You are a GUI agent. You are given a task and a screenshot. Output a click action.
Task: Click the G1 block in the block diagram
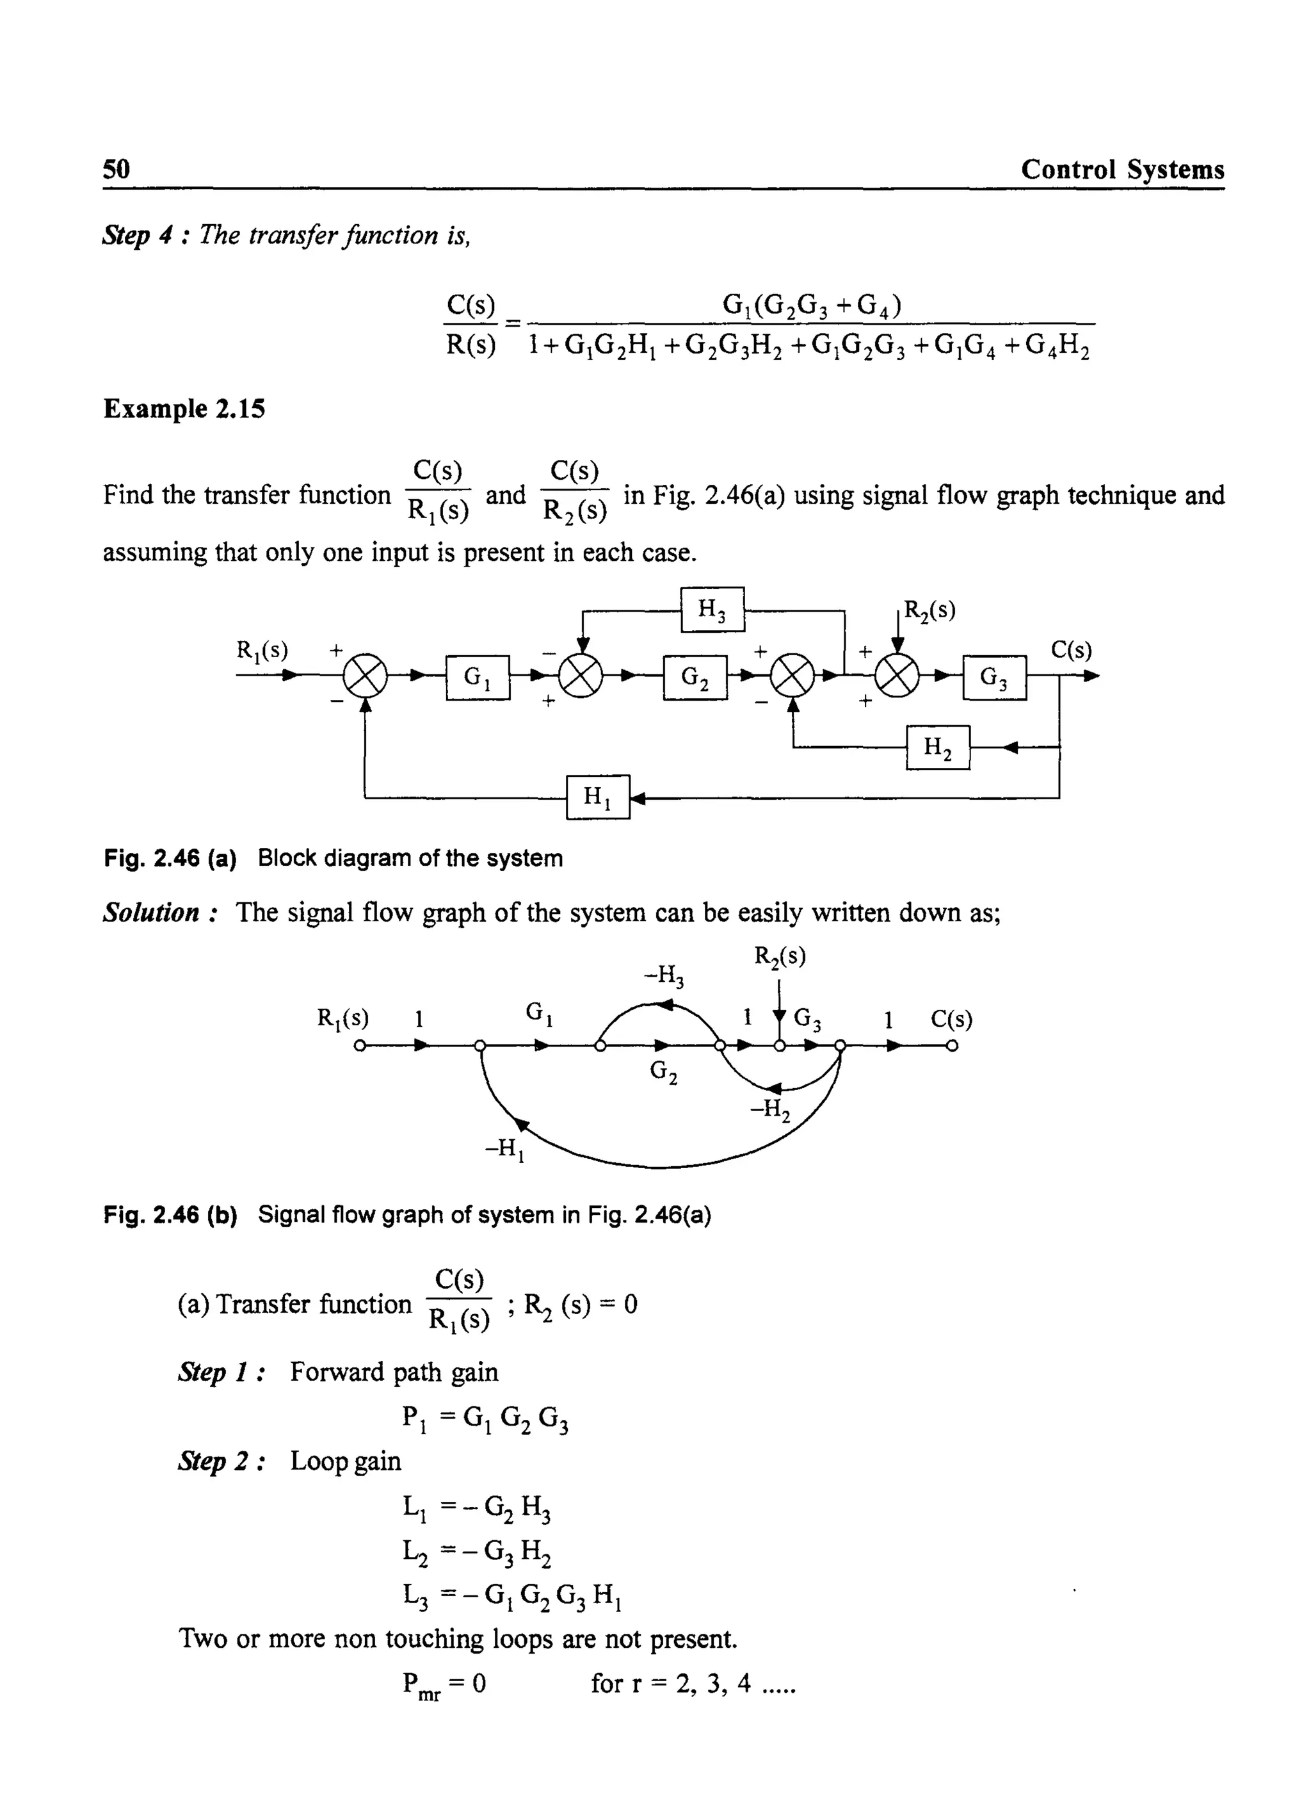(478, 677)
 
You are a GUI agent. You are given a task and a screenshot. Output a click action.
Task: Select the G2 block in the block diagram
(695, 677)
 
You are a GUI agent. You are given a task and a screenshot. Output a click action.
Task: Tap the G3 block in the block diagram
(994, 677)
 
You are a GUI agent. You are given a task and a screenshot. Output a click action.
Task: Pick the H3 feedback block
(712, 609)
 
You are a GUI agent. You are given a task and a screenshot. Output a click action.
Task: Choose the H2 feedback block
(938, 747)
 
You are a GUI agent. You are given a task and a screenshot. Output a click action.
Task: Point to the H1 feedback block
(598, 796)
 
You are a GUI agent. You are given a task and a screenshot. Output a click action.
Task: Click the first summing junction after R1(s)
(364, 677)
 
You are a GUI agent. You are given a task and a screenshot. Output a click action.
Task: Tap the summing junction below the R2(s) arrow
(897, 677)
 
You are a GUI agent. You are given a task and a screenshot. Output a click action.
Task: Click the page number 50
(117, 169)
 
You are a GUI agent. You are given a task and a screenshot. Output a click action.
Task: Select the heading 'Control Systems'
(1122, 169)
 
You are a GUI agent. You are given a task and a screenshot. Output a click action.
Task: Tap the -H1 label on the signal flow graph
(506, 1149)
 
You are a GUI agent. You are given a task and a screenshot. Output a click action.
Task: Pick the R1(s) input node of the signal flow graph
(360, 1046)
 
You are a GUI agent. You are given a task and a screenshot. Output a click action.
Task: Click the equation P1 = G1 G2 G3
(485, 1419)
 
